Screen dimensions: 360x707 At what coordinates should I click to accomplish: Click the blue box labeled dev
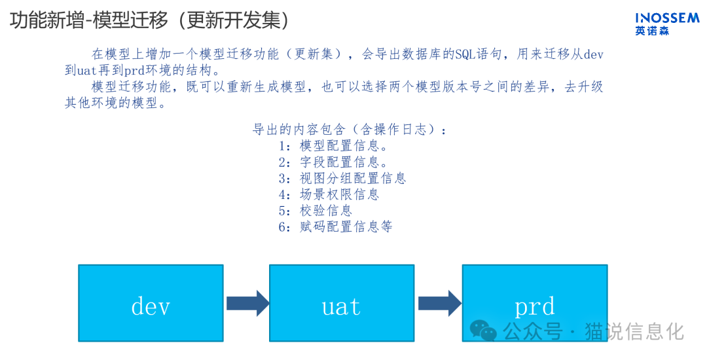[151, 303]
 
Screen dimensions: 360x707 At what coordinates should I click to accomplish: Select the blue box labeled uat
[342, 303]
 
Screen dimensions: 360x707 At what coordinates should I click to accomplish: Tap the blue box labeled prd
[534, 303]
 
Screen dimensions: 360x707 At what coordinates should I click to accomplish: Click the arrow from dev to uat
[247, 303]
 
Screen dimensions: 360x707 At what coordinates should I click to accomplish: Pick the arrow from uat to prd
[439, 303]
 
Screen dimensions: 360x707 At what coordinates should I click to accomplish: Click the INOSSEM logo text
[666, 18]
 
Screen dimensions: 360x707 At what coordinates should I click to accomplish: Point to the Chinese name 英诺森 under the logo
[651, 31]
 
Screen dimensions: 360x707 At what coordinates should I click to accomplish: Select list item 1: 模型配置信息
[333, 145]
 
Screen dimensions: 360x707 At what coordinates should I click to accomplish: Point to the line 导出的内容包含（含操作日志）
[350, 129]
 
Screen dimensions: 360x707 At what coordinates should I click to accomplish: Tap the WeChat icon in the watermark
[484, 331]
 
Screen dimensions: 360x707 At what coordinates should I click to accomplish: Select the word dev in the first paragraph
[593, 54]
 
